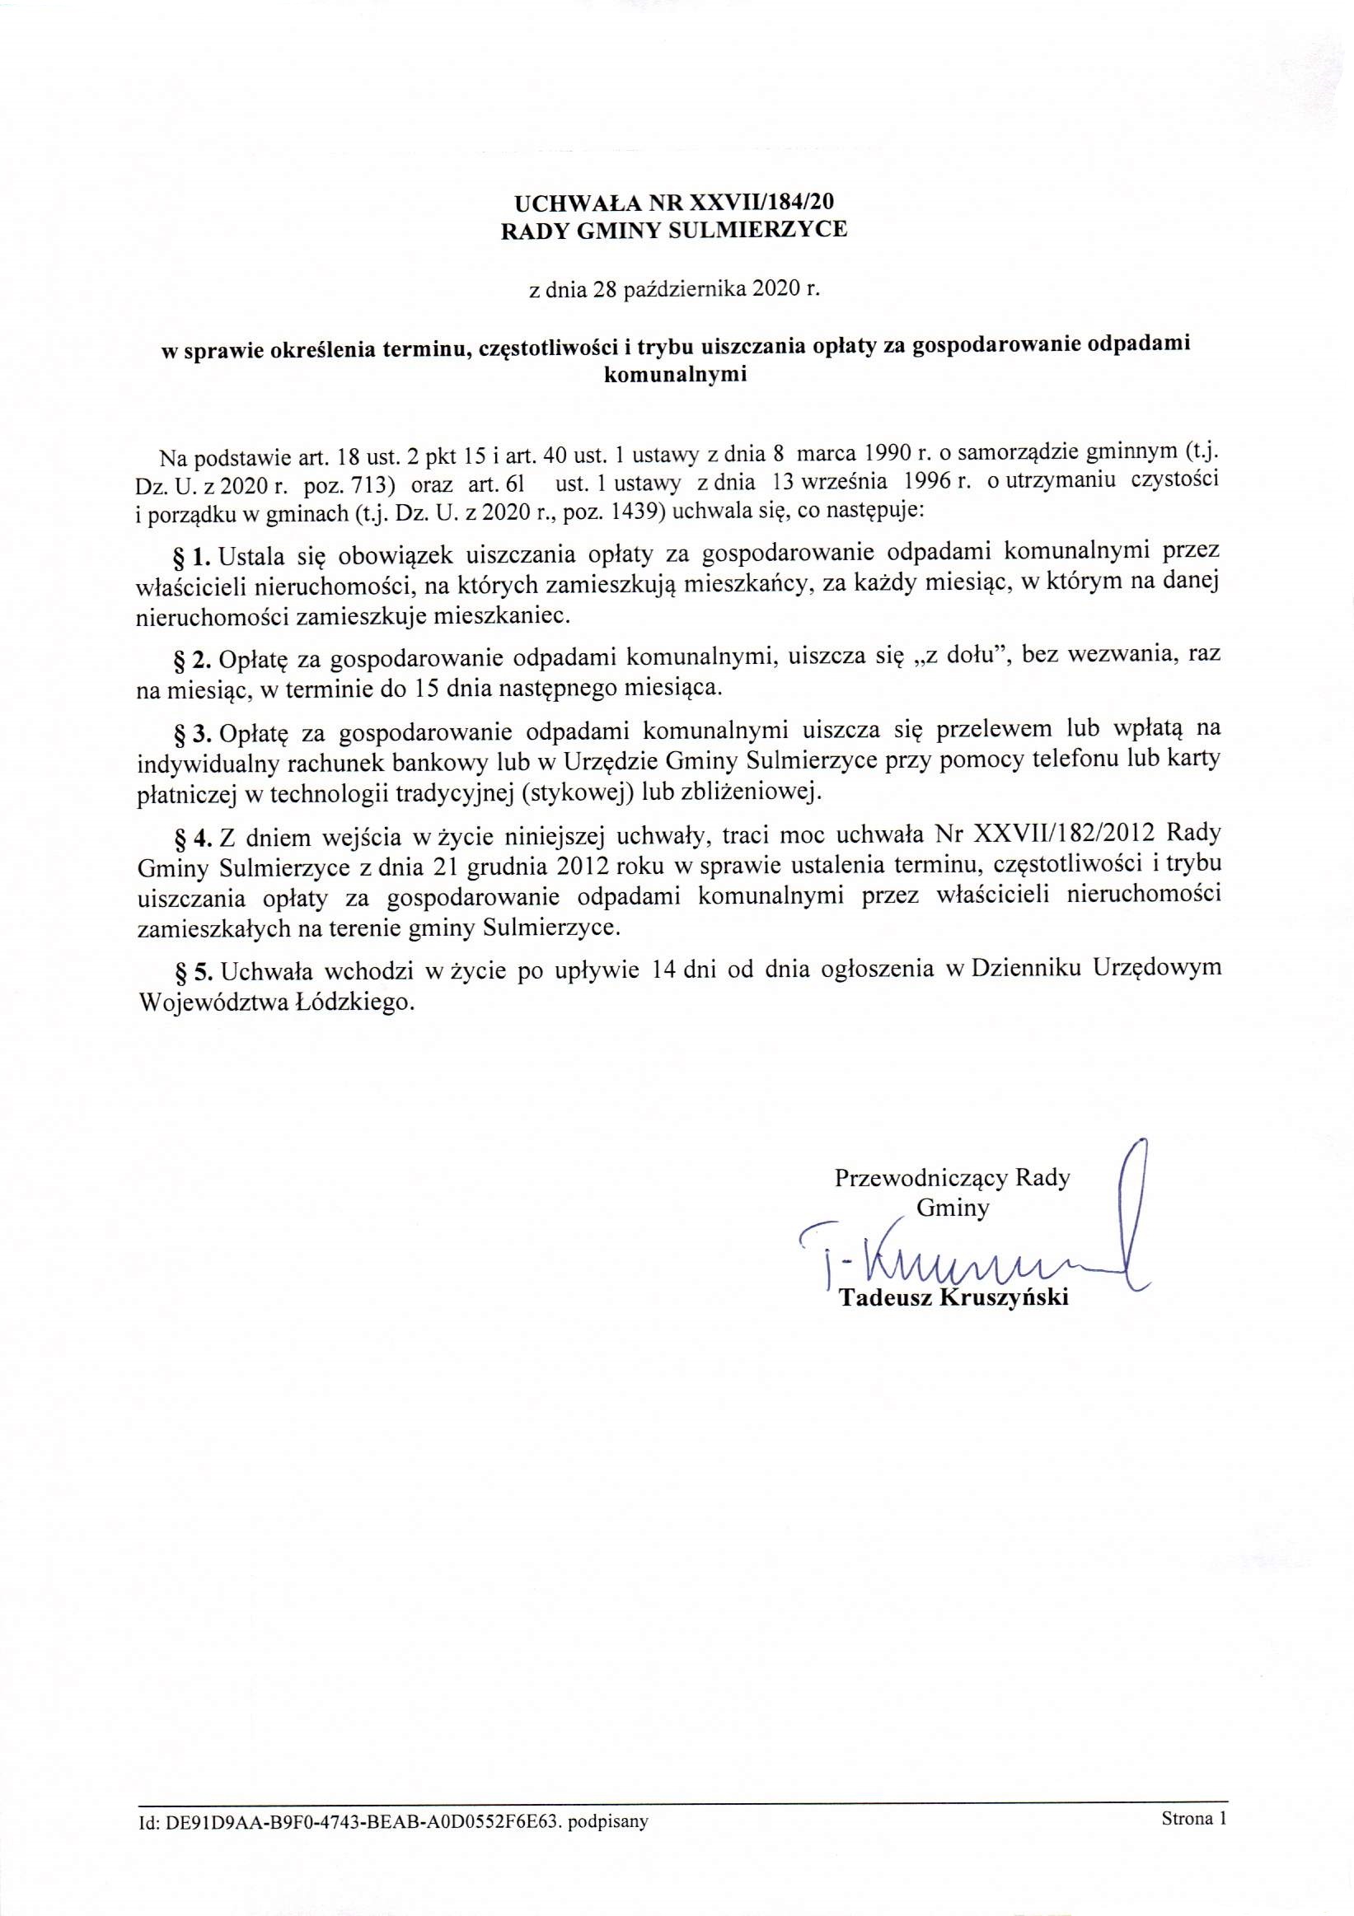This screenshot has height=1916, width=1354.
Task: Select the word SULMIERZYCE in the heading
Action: (760, 230)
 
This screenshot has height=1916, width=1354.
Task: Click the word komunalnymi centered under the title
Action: (673, 375)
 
